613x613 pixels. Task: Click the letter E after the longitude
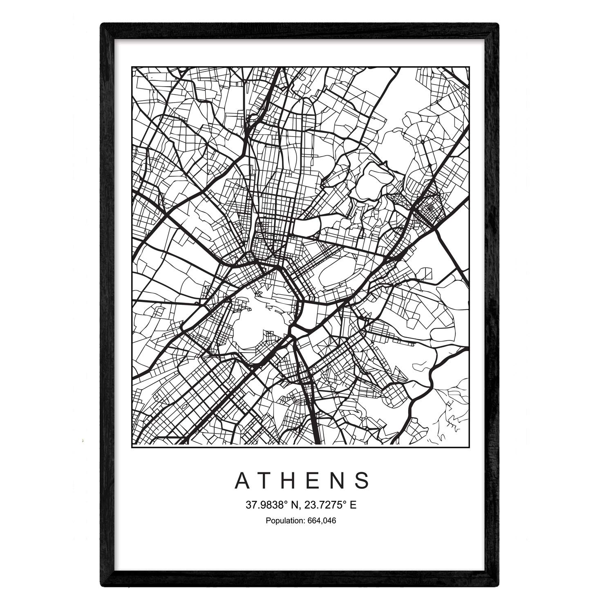click(x=353, y=505)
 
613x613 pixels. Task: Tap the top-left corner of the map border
click(x=132, y=67)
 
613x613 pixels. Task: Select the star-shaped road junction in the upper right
click(x=422, y=141)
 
